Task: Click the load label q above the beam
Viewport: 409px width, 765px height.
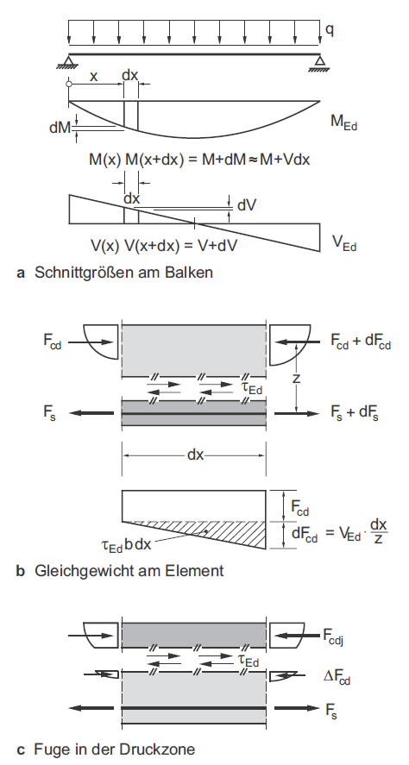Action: [330, 30]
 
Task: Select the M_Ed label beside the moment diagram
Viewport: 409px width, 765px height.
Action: [344, 122]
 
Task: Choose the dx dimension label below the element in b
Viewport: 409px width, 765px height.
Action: [195, 455]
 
